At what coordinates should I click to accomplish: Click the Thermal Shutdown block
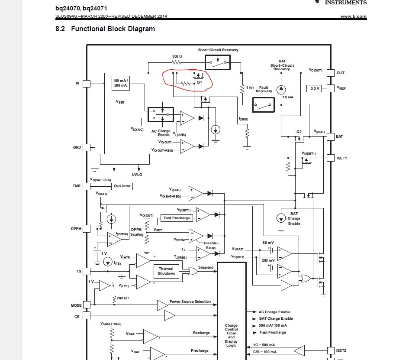click(166, 271)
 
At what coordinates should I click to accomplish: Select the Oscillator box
click(122, 186)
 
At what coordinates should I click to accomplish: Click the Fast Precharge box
click(177, 218)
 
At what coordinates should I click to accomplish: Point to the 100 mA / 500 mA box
click(120, 83)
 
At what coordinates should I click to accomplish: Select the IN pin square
click(87, 83)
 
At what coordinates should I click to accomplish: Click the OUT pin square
click(331, 73)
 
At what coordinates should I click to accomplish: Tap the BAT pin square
click(331, 136)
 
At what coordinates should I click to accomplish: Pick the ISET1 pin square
click(331, 158)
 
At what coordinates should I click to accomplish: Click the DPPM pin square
click(87, 228)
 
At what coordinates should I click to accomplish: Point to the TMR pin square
click(87, 186)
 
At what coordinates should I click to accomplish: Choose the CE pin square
click(87, 317)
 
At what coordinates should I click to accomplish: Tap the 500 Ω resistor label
click(177, 57)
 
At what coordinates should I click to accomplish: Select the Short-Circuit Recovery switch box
click(218, 62)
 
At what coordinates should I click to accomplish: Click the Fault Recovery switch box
click(263, 104)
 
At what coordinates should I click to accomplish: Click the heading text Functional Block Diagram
click(113, 29)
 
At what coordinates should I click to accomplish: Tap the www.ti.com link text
click(353, 16)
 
